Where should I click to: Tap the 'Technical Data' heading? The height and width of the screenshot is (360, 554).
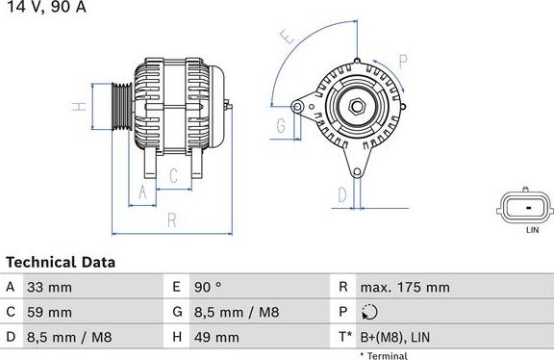(x=61, y=262)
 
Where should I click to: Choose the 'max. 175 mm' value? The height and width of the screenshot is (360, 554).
(x=404, y=288)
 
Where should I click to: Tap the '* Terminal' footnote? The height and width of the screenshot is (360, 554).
(x=384, y=355)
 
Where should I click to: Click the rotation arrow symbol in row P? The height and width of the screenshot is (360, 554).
(x=371, y=313)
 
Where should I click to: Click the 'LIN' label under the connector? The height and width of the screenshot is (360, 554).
(x=532, y=231)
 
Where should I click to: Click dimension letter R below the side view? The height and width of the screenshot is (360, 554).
(x=171, y=220)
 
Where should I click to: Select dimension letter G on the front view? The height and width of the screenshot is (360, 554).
(x=281, y=126)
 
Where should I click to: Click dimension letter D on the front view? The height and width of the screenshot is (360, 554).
(x=341, y=195)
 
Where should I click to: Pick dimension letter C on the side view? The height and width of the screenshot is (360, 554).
(x=173, y=175)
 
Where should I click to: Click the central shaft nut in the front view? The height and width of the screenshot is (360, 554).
(x=356, y=106)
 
